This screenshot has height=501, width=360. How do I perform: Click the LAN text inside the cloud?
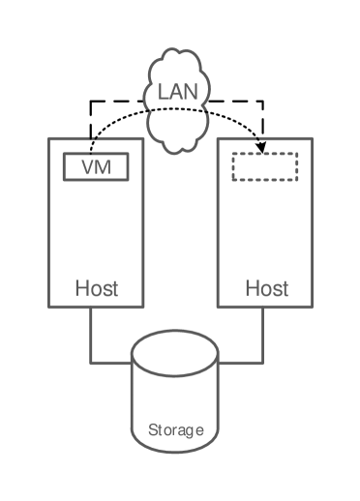[x=178, y=94]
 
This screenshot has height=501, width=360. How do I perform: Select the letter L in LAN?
[x=164, y=94]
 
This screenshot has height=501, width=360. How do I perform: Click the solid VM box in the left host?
[x=96, y=166]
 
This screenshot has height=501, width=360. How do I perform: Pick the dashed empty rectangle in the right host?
[x=264, y=166]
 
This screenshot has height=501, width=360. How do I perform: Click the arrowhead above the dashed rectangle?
[x=260, y=147]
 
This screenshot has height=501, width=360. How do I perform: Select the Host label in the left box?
[x=97, y=288]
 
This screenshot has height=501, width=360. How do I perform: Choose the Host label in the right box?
[x=266, y=288]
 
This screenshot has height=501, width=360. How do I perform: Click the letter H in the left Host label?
[x=82, y=288]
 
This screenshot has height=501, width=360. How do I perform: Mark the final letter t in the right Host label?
[x=285, y=288]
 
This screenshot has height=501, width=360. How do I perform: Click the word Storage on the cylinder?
[x=175, y=429]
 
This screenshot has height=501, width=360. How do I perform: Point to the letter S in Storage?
[x=153, y=429]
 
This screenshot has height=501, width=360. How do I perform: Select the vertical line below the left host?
[x=92, y=334]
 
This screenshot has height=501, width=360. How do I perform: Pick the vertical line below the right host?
[x=263, y=334]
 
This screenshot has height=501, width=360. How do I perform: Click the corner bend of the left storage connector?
[x=92, y=363]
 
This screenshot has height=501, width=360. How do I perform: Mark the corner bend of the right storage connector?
[x=263, y=363]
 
